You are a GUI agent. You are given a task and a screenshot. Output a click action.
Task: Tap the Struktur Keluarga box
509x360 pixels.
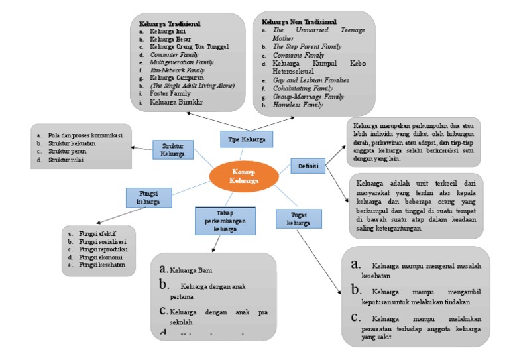pos(172,149)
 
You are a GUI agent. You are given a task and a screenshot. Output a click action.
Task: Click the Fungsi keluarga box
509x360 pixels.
pos(148,197)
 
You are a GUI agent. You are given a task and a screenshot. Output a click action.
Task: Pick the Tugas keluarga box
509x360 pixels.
pos(298,219)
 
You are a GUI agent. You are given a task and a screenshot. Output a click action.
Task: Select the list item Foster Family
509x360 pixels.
pos(170,94)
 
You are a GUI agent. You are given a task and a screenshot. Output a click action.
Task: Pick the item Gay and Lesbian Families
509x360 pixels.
pos(311,80)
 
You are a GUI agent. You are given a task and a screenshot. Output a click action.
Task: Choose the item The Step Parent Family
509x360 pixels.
pos(307,47)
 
